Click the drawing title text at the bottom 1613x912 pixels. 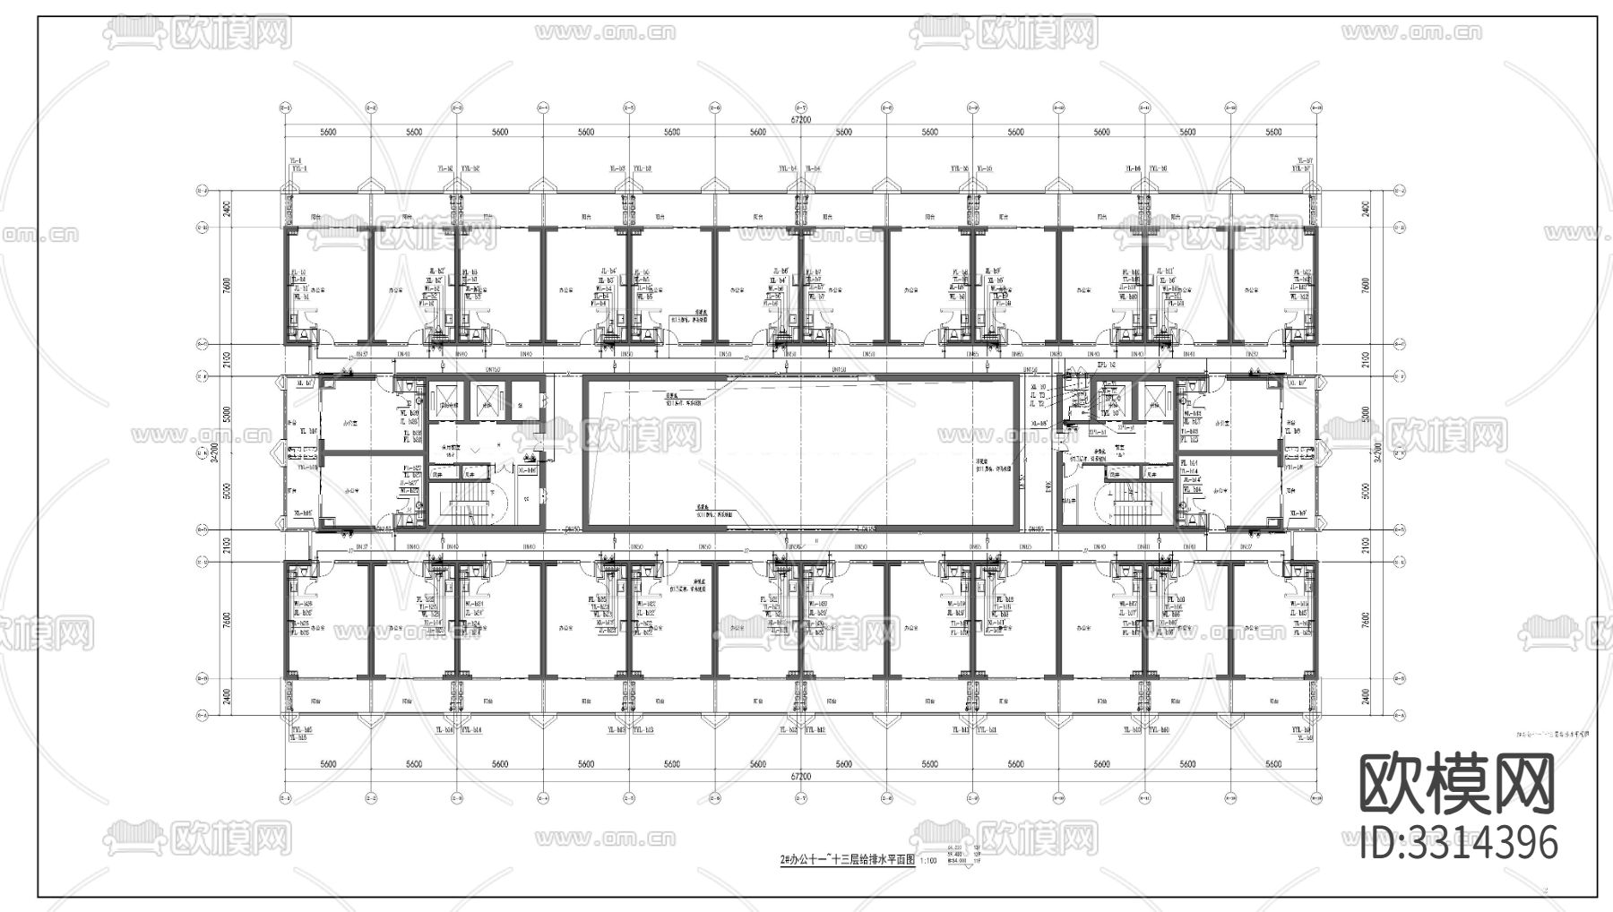(x=847, y=858)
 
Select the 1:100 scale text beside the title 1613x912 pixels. (x=927, y=860)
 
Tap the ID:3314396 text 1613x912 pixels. (x=1459, y=842)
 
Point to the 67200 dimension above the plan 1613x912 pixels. (x=800, y=119)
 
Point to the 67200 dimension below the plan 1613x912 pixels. (x=800, y=776)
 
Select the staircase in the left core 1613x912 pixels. (x=466, y=507)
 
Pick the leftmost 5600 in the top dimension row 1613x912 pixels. (x=327, y=133)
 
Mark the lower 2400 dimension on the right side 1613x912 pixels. (x=1365, y=695)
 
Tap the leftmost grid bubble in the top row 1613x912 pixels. (x=285, y=108)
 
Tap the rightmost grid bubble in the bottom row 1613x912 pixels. (x=1315, y=796)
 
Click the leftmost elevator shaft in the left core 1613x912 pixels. (x=444, y=398)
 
